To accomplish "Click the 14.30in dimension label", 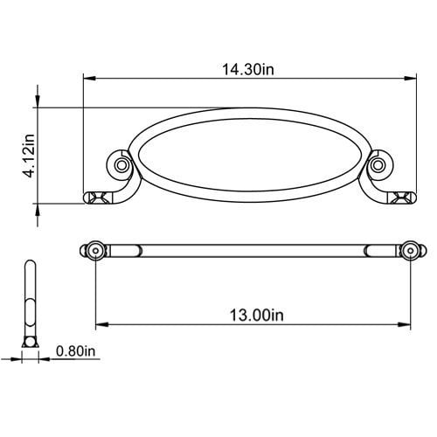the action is (x=248, y=70).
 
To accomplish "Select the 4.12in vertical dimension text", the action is (x=30, y=156).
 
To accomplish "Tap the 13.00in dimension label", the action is (x=256, y=316).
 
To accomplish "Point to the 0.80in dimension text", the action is (x=76, y=351).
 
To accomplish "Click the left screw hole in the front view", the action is (x=121, y=165).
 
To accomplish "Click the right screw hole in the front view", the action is (x=378, y=165).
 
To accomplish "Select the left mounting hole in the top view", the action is (x=96, y=251).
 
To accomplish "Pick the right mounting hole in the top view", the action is (x=411, y=251).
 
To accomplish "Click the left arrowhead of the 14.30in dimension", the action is (x=90, y=79).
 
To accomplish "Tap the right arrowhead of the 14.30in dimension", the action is (x=410, y=79).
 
